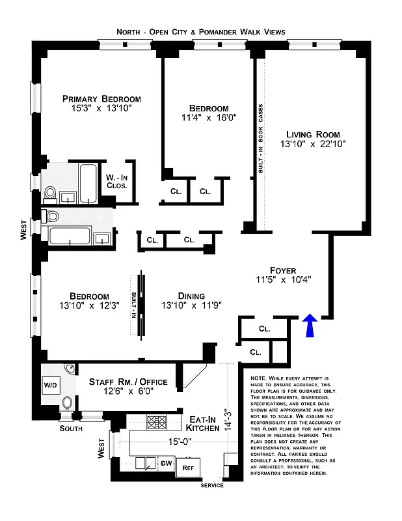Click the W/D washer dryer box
point(51,385)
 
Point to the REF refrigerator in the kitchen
point(188,467)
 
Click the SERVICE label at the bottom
point(211,485)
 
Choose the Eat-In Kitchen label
point(204,423)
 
